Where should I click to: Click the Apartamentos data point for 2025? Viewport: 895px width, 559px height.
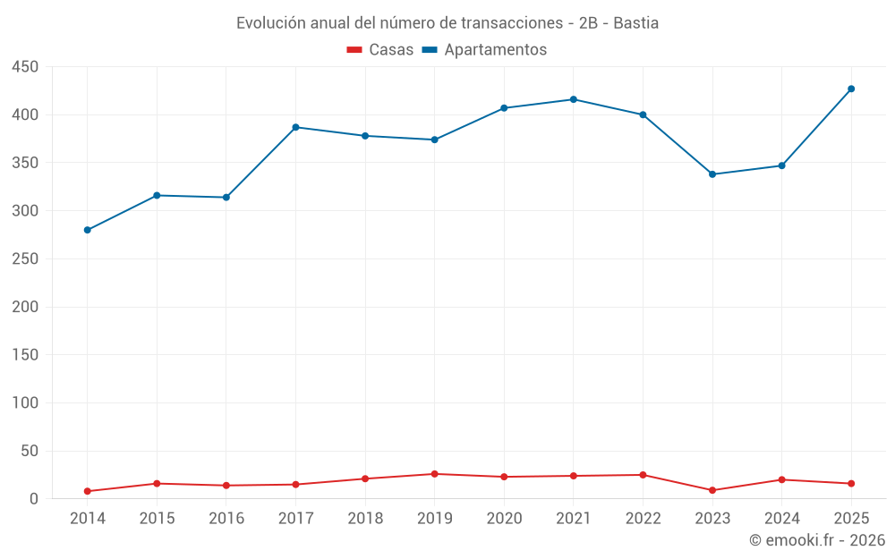click(x=851, y=89)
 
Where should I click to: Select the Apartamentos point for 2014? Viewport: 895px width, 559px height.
click(x=88, y=230)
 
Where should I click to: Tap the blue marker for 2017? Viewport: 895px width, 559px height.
click(x=296, y=127)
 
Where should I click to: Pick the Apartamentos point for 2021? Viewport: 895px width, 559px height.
click(x=574, y=99)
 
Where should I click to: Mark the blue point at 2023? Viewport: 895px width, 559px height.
click(x=712, y=174)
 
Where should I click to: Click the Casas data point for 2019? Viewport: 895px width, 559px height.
click(x=435, y=474)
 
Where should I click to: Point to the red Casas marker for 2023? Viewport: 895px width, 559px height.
click(x=712, y=490)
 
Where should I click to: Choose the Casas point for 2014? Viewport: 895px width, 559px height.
click(x=88, y=491)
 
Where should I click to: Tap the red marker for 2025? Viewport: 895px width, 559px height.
click(x=851, y=484)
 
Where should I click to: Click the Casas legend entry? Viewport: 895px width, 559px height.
click(x=380, y=50)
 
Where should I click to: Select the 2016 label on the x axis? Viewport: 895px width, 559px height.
click(x=226, y=519)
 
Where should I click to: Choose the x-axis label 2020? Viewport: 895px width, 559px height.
click(x=504, y=519)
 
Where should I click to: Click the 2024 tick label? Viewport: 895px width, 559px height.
click(x=782, y=519)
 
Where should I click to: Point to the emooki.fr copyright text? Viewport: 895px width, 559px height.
click(x=817, y=540)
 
